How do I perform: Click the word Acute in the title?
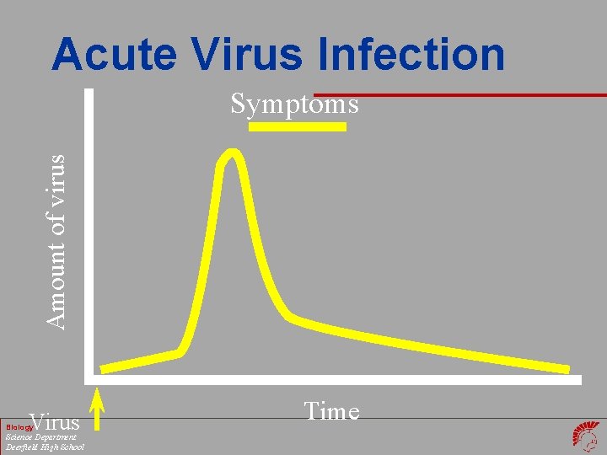click(x=113, y=56)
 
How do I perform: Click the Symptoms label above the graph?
click(x=295, y=104)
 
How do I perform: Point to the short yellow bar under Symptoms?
click(x=297, y=127)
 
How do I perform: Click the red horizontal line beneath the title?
click(x=459, y=94)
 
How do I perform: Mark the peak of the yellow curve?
click(x=232, y=154)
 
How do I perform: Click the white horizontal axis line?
click(x=337, y=380)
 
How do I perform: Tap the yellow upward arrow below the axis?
click(x=97, y=409)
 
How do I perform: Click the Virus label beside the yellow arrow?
click(x=54, y=422)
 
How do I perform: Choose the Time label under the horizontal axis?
click(x=331, y=412)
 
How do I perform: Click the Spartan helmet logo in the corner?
click(x=587, y=436)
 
